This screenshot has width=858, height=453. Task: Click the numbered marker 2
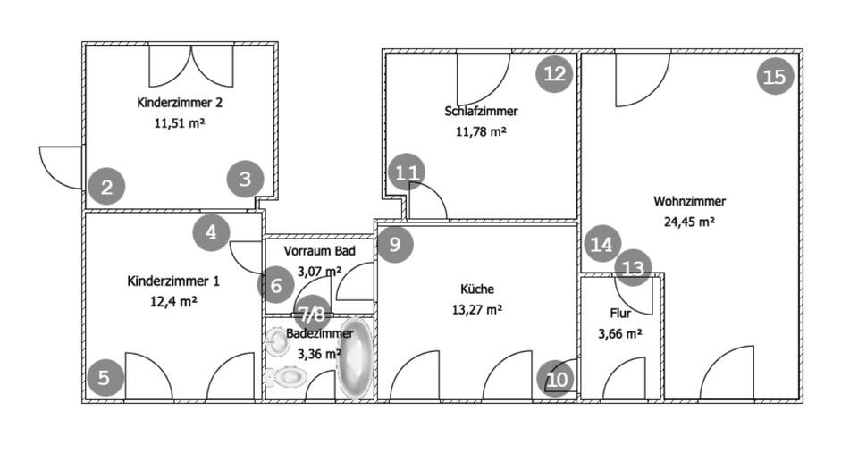point(106,188)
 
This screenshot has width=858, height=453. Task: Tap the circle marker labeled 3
point(246,180)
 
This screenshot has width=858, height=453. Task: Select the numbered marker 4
point(212,233)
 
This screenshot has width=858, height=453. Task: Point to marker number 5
point(105,378)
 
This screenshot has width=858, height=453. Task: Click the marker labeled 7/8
point(313,314)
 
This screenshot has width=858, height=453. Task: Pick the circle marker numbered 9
point(395,243)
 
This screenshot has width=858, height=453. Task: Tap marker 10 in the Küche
point(556,380)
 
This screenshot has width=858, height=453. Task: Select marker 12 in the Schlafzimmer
point(555,73)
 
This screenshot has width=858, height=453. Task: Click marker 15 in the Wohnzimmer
point(775,77)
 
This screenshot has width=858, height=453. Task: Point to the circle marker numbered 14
point(603,244)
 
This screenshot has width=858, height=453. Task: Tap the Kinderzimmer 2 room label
point(180,102)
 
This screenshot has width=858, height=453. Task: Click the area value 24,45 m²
point(689,222)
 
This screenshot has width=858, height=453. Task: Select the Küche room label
point(477,289)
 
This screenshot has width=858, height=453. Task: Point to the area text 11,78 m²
point(481,131)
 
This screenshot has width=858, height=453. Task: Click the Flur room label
point(620,314)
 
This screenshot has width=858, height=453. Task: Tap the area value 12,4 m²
point(173,302)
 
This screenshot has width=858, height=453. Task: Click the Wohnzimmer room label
point(689,201)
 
